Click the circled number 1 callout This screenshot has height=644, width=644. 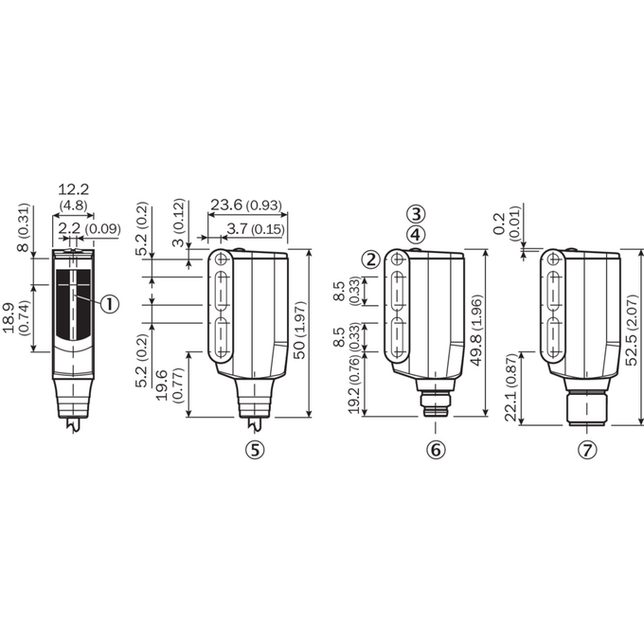tap(110, 304)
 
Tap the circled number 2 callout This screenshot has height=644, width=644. tap(371, 259)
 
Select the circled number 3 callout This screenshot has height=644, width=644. tap(416, 214)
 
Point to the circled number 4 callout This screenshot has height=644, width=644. tap(416, 235)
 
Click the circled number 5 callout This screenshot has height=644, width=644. tap(255, 450)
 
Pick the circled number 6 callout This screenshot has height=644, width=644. tap(436, 450)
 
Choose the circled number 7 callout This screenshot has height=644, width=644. tap(587, 450)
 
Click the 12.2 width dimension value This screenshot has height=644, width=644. tap(73, 189)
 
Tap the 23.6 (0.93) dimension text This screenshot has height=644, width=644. tap(246, 205)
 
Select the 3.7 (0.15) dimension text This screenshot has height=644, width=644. tap(256, 229)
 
